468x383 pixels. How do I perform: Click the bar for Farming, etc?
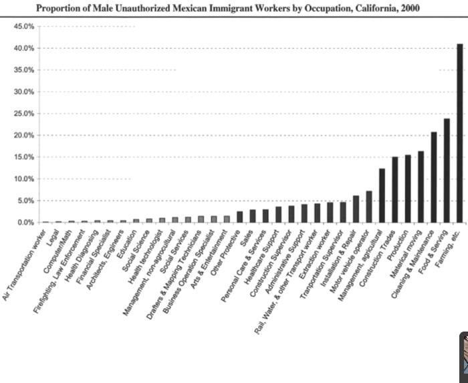click(x=459, y=133)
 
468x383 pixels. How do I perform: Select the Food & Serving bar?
click(x=447, y=170)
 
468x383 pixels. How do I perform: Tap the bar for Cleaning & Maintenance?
click(x=434, y=177)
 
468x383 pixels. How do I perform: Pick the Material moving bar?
click(x=421, y=186)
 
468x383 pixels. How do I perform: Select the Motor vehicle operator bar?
click(x=369, y=207)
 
